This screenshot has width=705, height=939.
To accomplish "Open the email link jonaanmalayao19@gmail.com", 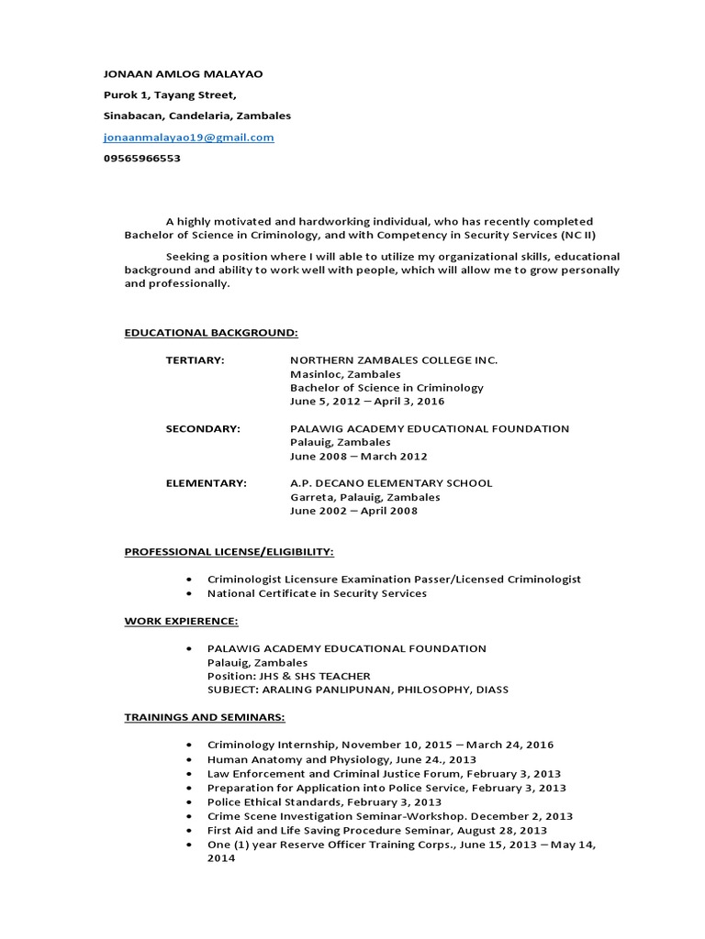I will pyautogui.click(x=188, y=138).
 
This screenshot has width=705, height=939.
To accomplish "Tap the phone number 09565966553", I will pyautogui.click(x=141, y=158).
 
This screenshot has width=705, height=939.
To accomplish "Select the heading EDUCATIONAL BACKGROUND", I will pyautogui.click(x=211, y=332).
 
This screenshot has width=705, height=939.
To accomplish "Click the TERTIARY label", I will pyautogui.click(x=195, y=360).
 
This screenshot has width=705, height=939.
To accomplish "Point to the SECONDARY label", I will pyautogui.click(x=203, y=428).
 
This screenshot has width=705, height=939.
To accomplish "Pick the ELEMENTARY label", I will pyautogui.click(x=207, y=483).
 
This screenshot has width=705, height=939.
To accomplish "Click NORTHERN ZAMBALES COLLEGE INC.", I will pyautogui.click(x=394, y=360).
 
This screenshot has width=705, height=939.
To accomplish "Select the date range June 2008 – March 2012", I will pyautogui.click(x=358, y=456).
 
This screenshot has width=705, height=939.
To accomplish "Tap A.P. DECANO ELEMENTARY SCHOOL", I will pyautogui.click(x=391, y=483).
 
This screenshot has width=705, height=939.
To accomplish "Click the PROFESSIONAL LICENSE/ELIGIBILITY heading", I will pyautogui.click(x=229, y=552).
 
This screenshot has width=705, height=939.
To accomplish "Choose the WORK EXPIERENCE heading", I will pyautogui.click(x=182, y=621).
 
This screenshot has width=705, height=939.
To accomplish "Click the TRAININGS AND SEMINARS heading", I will pyautogui.click(x=205, y=717).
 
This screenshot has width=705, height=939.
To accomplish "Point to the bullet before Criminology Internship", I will pyautogui.click(x=188, y=745).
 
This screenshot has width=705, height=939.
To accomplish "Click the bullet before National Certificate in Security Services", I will pyautogui.click(x=188, y=593).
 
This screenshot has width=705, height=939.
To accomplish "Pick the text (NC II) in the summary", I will pyautogui.click(x=577, y=235).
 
